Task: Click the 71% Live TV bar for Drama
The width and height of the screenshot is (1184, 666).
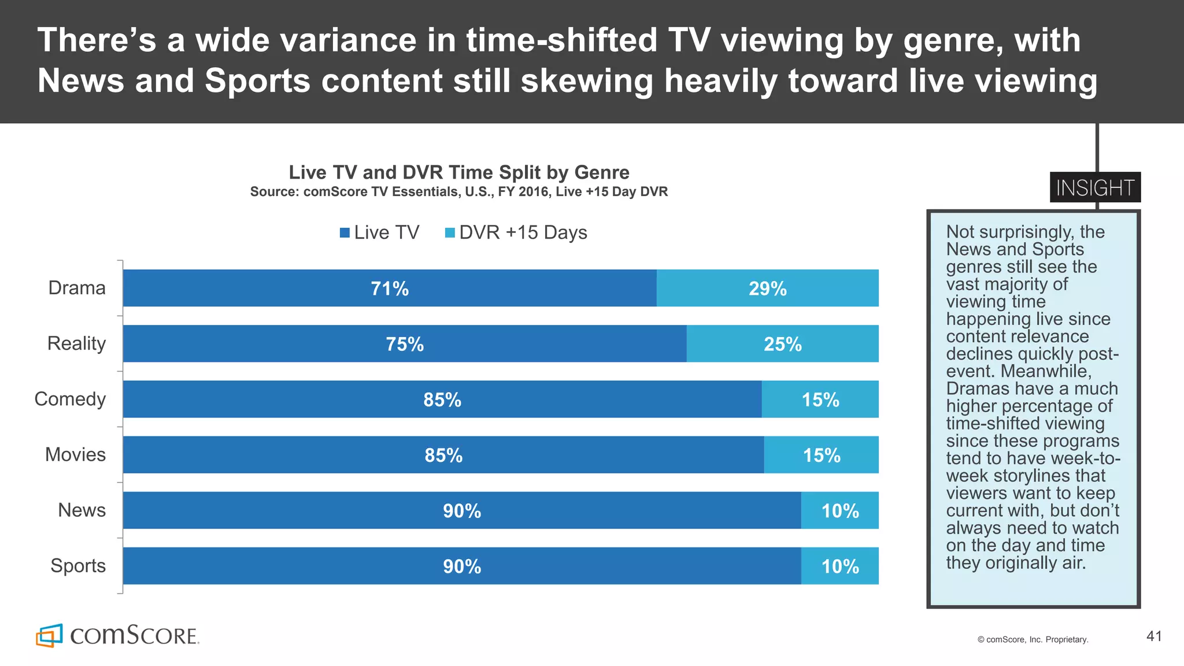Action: pyautogui.click(x=390, y=288)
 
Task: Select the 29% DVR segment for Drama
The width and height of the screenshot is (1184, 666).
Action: pyautogui.click(x=767, y=288)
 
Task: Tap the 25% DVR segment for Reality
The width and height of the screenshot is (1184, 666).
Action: pyautogui.click(x=782, y=344)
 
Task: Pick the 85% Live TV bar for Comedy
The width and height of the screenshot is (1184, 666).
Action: pyautogui.click(x=442, y=399)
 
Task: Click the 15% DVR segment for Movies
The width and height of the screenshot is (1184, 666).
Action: pyautogui.click(x=821, y=455)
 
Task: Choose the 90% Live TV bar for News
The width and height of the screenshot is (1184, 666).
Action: pyautogui.click(x=462, y=510)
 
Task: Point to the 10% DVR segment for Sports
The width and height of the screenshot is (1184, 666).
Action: pyautogui.click(x=839, y=566)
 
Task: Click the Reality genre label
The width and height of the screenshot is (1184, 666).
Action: pyautogui.click(x=76, y=343)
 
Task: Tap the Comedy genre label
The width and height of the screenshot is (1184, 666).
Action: pyautogui.click(x=70, y=399)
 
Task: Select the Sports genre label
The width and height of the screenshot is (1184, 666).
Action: pyautogui.click(x=78, y=565)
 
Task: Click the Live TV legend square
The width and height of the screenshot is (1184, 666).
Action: pyautogui.click(x=345, y=233)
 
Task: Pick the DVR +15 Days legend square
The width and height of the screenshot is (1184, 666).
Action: pyautogui.click(x=450, y=233)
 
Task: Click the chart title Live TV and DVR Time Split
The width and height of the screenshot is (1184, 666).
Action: pyautogui.click(x=458, y=172)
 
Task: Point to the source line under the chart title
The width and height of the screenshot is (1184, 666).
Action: pyautogui.click(x=458, y=192)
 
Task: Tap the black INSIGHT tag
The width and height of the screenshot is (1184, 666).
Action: pyautogui.click(x=1094, y=187)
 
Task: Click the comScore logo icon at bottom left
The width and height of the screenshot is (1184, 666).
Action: pyautogui.click(x=49, y=635)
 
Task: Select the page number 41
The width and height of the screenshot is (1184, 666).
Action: pyautogui.click(x=1154, y=637)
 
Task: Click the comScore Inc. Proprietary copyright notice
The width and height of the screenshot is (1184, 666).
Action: pyautogui.click(x=1033, y=639)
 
